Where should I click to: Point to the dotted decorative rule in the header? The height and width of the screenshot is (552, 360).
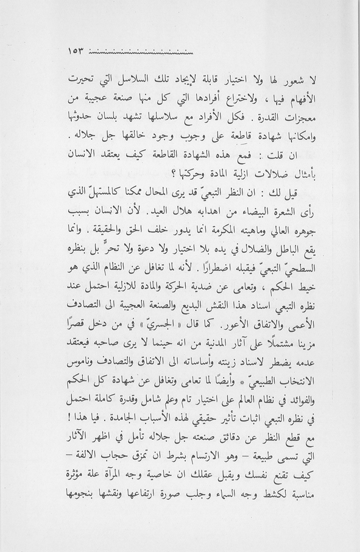tap(141, 51)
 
